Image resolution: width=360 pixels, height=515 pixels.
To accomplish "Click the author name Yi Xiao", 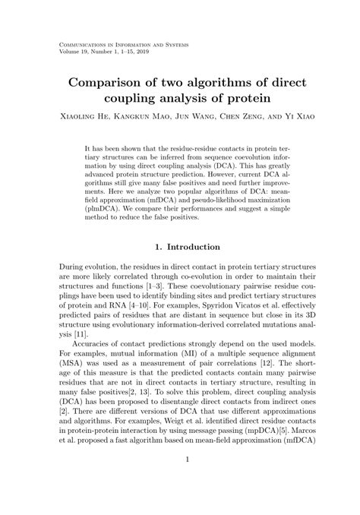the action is click(x=295, y=117).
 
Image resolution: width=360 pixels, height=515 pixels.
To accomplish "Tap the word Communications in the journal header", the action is click(x=84, y=46).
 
